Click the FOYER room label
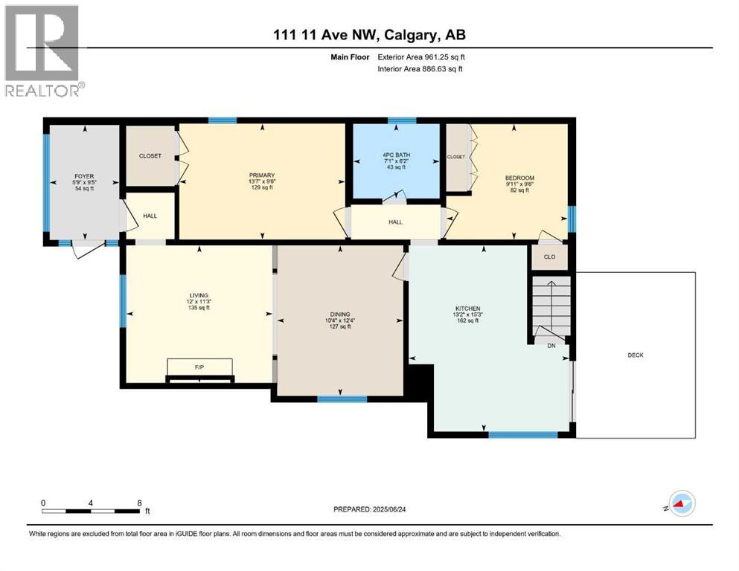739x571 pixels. (83, 176)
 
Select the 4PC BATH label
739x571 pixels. (395, 155)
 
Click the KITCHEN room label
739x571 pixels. (468, 308)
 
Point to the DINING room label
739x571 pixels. (339, 314)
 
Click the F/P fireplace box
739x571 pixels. (199, 367)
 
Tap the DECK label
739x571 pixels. (635, 355)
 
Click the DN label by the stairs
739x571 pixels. (551, 346)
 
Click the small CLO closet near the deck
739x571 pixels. (549, 258)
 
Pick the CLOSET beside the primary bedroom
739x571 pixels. (150, 156)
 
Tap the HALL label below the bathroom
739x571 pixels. (395, 222)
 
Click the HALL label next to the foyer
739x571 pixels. (150, 216)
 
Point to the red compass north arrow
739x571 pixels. (679, 505)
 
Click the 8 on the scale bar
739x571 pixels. (140, 503)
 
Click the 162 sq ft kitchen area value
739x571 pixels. (468, 322)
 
